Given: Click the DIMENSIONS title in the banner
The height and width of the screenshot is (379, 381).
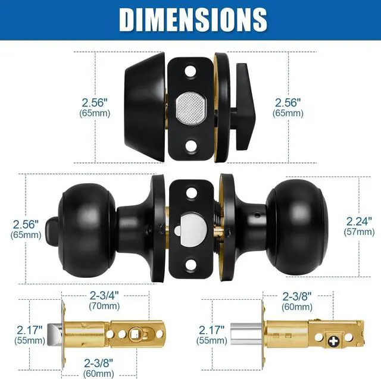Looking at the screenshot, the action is pos(193,20).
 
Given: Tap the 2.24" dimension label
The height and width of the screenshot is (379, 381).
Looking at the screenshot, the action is pos(359,221).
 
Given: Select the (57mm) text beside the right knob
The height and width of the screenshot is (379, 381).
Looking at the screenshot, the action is pos(359,232).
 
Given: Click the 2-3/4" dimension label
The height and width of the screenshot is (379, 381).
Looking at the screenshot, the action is pos(104,296).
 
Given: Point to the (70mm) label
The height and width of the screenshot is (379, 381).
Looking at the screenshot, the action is pos(104,306).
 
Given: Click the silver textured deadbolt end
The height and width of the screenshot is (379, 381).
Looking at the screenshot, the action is pos(191,107).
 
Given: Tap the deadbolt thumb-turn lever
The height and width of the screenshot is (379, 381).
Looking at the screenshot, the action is pos(244,107).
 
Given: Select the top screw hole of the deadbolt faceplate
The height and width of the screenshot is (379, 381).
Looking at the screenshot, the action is pos(190,71).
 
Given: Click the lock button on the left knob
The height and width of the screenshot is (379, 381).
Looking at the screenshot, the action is pos(51,228).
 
